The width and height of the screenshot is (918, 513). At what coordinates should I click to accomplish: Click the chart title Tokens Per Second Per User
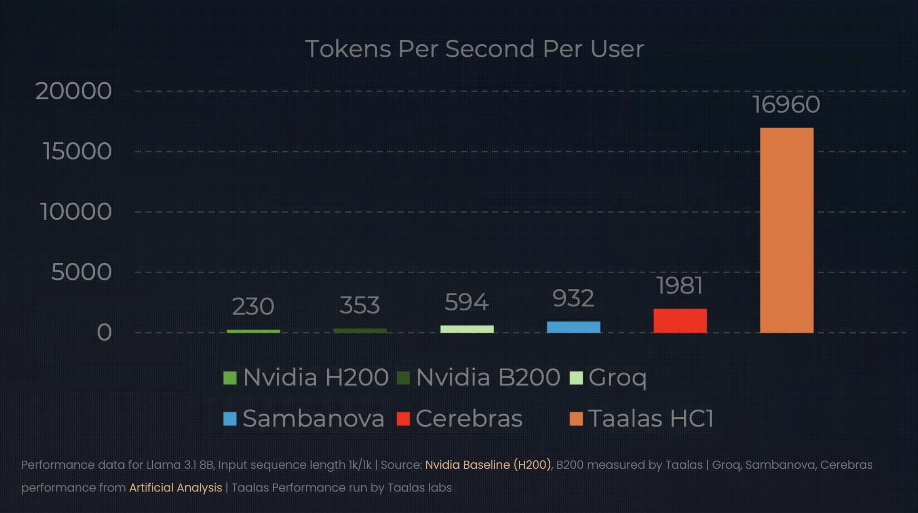point(474,49)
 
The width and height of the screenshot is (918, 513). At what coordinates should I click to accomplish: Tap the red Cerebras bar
point(680,320)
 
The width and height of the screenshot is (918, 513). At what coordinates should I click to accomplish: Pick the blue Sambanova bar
point(573,327)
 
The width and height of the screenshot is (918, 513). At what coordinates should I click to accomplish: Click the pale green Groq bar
point(467,329)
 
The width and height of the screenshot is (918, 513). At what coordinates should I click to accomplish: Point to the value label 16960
point(786,105)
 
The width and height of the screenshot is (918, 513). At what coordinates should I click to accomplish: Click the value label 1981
point(680,286)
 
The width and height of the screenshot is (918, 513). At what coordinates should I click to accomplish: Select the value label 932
point(573,298)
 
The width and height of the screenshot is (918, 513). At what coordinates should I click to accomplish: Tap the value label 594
point(467,302)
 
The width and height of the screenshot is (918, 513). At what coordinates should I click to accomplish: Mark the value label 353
point(360,305)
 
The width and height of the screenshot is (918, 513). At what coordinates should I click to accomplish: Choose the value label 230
point(253,306)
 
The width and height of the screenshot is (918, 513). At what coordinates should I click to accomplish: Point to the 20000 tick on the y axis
point(74,91)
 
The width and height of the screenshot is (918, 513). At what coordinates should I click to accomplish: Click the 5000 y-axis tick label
point(81,272)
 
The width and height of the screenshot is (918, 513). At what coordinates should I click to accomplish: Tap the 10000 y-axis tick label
point(76,212)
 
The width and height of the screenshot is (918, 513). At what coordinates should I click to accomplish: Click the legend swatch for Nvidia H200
point(230,378)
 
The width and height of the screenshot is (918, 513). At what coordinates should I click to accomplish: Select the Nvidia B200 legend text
point(488,377)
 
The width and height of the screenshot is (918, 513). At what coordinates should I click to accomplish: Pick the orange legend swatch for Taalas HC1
point(576,419)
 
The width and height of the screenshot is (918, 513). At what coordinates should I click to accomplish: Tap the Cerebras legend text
point(469,419)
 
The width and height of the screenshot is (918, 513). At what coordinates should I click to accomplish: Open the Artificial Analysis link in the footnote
point(176,488)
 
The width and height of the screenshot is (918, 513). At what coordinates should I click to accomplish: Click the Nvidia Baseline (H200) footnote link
point(488,465)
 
